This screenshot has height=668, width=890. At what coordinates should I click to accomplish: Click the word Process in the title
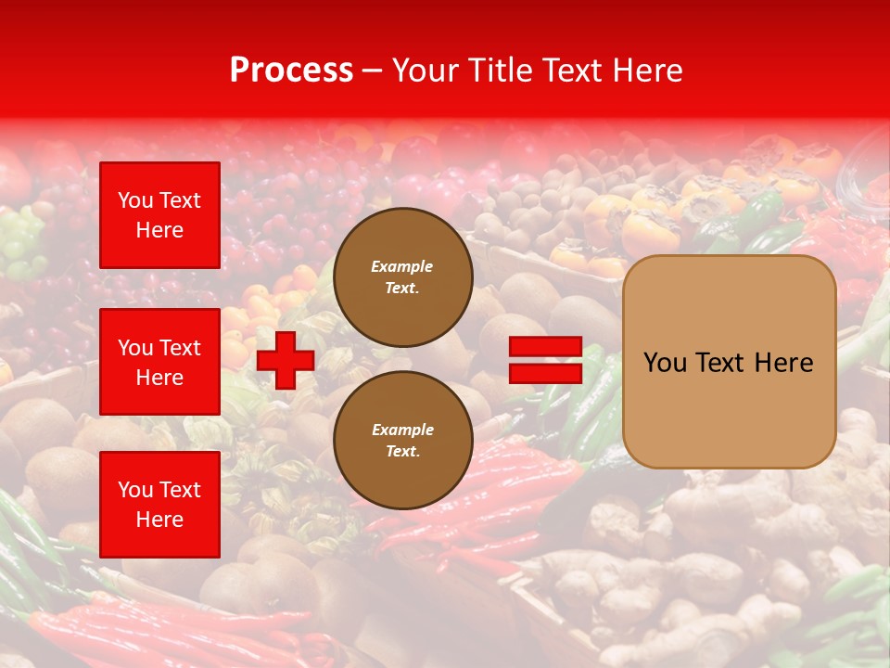click(291, 71)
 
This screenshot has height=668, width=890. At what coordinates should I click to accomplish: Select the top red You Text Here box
click(159, 215)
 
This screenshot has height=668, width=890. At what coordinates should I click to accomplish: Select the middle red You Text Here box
click(159, 362)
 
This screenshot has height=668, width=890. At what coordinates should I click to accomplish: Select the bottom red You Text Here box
click(159, 504)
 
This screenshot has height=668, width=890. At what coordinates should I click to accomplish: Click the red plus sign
click(286, 360)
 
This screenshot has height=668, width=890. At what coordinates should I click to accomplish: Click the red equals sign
click(545, 360)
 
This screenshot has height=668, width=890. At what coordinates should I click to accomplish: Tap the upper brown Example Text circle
click(402, 276)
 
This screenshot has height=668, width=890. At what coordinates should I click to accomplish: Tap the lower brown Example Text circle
click(402, 440)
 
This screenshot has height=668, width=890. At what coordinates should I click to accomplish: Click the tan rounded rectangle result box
click(729, 362)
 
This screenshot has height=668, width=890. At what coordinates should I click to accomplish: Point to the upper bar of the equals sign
click(545, 347)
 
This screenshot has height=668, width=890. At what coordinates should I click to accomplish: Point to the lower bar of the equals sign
click(545, 373)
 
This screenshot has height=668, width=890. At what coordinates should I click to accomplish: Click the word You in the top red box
click(134, 200)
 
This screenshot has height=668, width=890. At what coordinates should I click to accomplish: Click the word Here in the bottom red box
click(159, 520)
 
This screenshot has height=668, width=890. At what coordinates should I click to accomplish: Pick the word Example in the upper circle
click(402, 266)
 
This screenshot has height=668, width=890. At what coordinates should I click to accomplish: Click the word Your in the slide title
click(424, 71)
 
